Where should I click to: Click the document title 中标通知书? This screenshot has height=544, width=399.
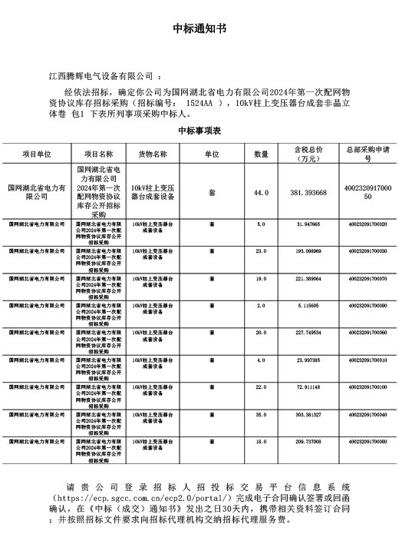tap(199, 30)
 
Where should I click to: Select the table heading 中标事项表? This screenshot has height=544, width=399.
tap(199, 131)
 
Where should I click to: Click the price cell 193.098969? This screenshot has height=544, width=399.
tap(309, 250)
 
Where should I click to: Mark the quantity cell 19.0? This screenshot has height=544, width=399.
tap(261, 278)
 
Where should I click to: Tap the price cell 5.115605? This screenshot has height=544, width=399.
tap(309, 305)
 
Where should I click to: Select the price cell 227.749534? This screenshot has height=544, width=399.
tap(309, 333)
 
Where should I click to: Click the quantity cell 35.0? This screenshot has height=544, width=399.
tap(261, 414)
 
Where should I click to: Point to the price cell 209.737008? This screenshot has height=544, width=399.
tap(309, 442)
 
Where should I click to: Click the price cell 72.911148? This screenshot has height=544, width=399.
tap(309, 387)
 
